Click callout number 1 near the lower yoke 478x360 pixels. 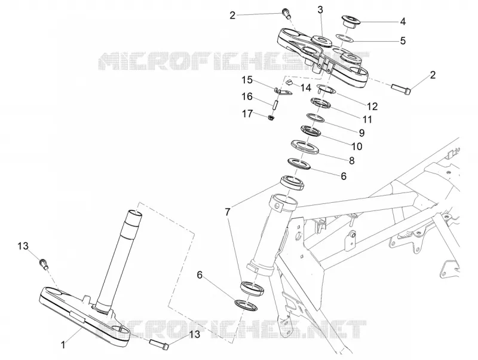(x=63, y=345)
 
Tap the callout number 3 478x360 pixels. (x=320, y=10)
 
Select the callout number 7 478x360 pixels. (x=228, y=212)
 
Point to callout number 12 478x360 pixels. (x=372, y=106)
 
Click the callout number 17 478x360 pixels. (x=247, y=114)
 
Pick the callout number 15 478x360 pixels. (x=247, y=80)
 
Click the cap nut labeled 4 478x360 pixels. (x=351, y=22)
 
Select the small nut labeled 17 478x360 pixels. (x=271, y=117)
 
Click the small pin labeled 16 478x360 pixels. (x=275, y=104)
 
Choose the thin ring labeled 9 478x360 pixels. (x=315, y=117)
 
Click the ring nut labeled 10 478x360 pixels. (x=311, y=130)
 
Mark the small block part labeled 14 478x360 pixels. (x=289, y=82)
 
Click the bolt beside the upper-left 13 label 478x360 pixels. (x=43, y=263)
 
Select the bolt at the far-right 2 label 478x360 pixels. (x=401, y=88)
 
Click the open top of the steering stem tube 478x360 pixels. (x=134, y=213)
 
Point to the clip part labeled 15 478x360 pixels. (x=282, y=91)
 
